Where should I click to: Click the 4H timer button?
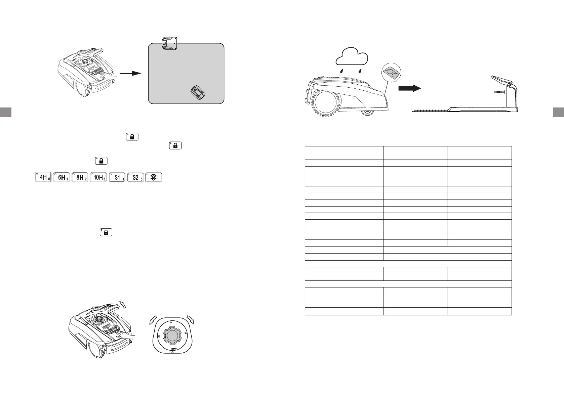click(43, 177)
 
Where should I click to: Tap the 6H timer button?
click(62, 177)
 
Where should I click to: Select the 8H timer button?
click(80, 177)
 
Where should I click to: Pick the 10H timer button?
click(98, 177)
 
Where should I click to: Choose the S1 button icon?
click(117, 177)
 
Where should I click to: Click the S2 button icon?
click(136, 177)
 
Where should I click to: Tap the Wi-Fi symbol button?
click(154, 177)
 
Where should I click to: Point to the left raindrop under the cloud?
click(341, 71)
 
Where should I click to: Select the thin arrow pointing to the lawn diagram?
click(130, 73)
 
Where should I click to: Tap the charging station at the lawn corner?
click(169, 43)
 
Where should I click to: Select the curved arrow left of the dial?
click(154, 320)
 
